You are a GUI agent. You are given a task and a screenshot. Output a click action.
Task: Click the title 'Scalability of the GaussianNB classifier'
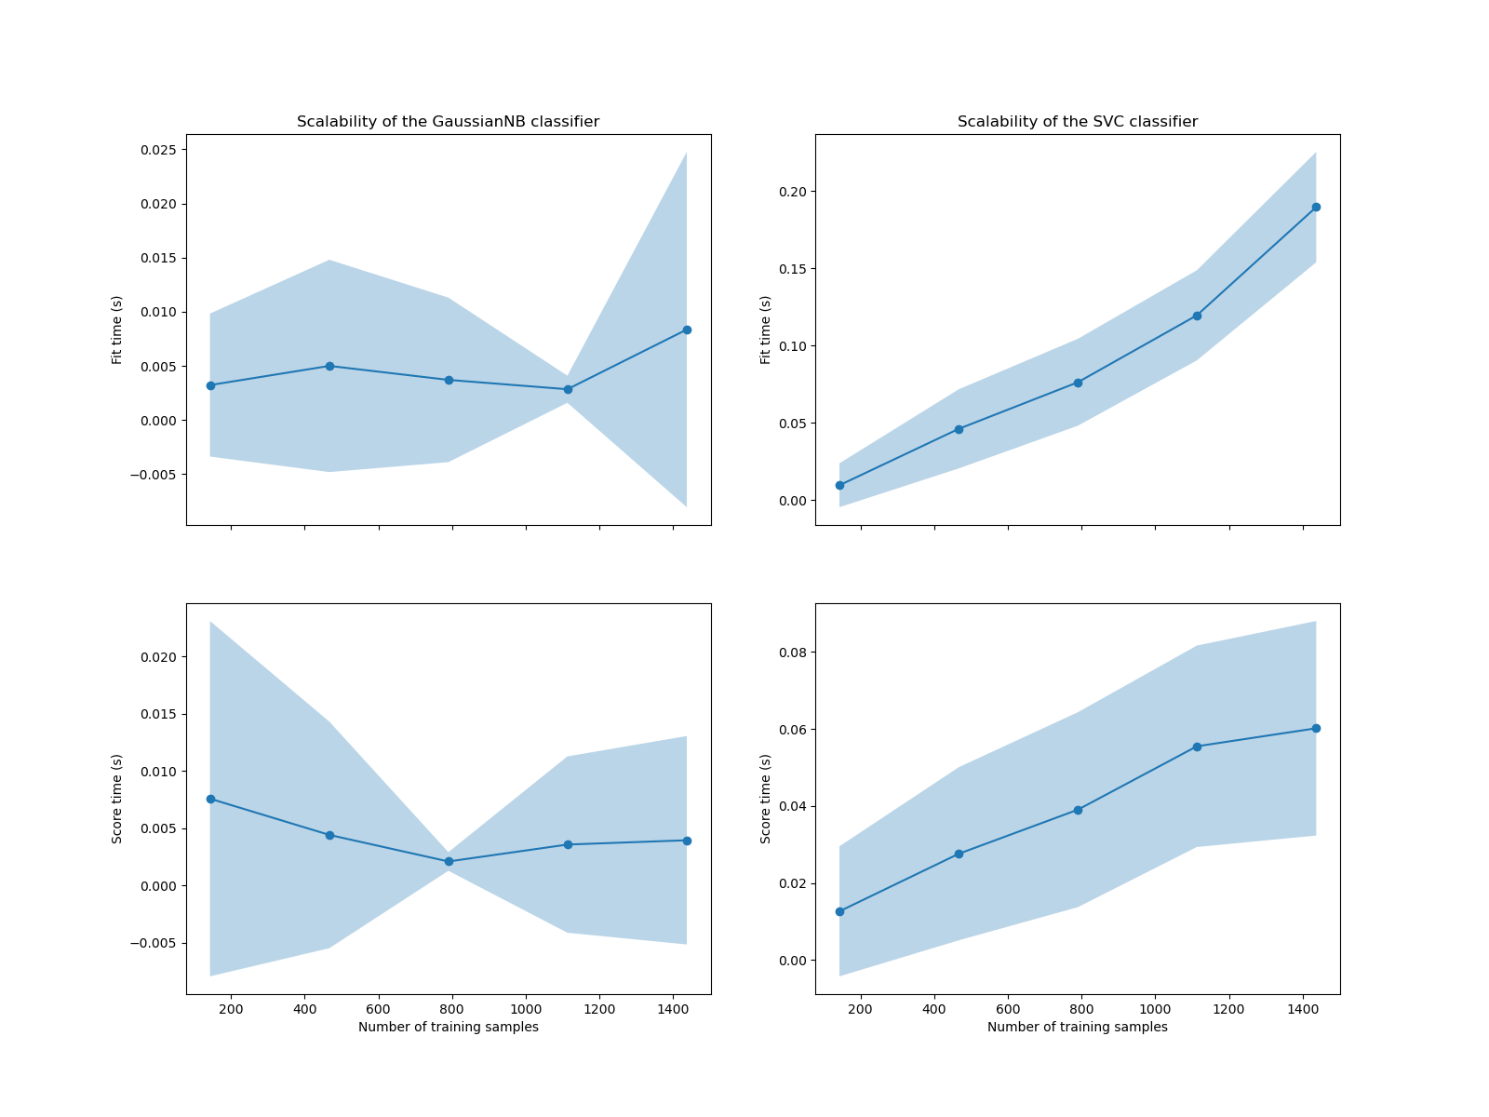pyautogui.click(x=448, y=122)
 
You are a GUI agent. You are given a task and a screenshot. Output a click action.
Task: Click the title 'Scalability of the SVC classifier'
pyautogui.click(x=1078, y=122)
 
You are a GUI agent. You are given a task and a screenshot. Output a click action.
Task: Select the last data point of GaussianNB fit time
pyautogui.click(x=687, y=330)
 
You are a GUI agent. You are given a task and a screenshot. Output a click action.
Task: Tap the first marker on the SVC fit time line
pyautogui.click(x=839, y=485)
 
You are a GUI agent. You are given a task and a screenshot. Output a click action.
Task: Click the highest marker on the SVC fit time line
pyautogui.click(x=1316, y=207)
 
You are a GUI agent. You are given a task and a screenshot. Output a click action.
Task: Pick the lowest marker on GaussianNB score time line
pyautogui.click(x=449, y=861)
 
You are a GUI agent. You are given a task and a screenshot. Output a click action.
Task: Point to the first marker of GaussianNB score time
pyautogui.click(x=210, y=799)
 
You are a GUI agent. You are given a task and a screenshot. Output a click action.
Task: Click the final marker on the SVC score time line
pyautogui.click(x=1316, y=728)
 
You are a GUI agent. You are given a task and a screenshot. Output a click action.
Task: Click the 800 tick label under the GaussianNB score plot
pyautogui.click(x=452, y=1009)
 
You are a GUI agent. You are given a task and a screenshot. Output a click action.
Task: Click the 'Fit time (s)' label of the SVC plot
pyautogui.click(x=766, y=330)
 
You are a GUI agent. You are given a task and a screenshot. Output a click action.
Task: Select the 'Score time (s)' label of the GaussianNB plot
pyautogui.click(x=117, y=799)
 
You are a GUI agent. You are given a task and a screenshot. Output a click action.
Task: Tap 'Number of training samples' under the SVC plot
pyautogui.click(x=1078, y=1027)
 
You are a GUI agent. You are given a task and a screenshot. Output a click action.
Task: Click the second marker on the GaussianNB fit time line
pyautogui.click(x=329, y=366)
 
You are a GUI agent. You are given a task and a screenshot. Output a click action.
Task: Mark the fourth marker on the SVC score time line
pyautogui.click(x=1197, y=747)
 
